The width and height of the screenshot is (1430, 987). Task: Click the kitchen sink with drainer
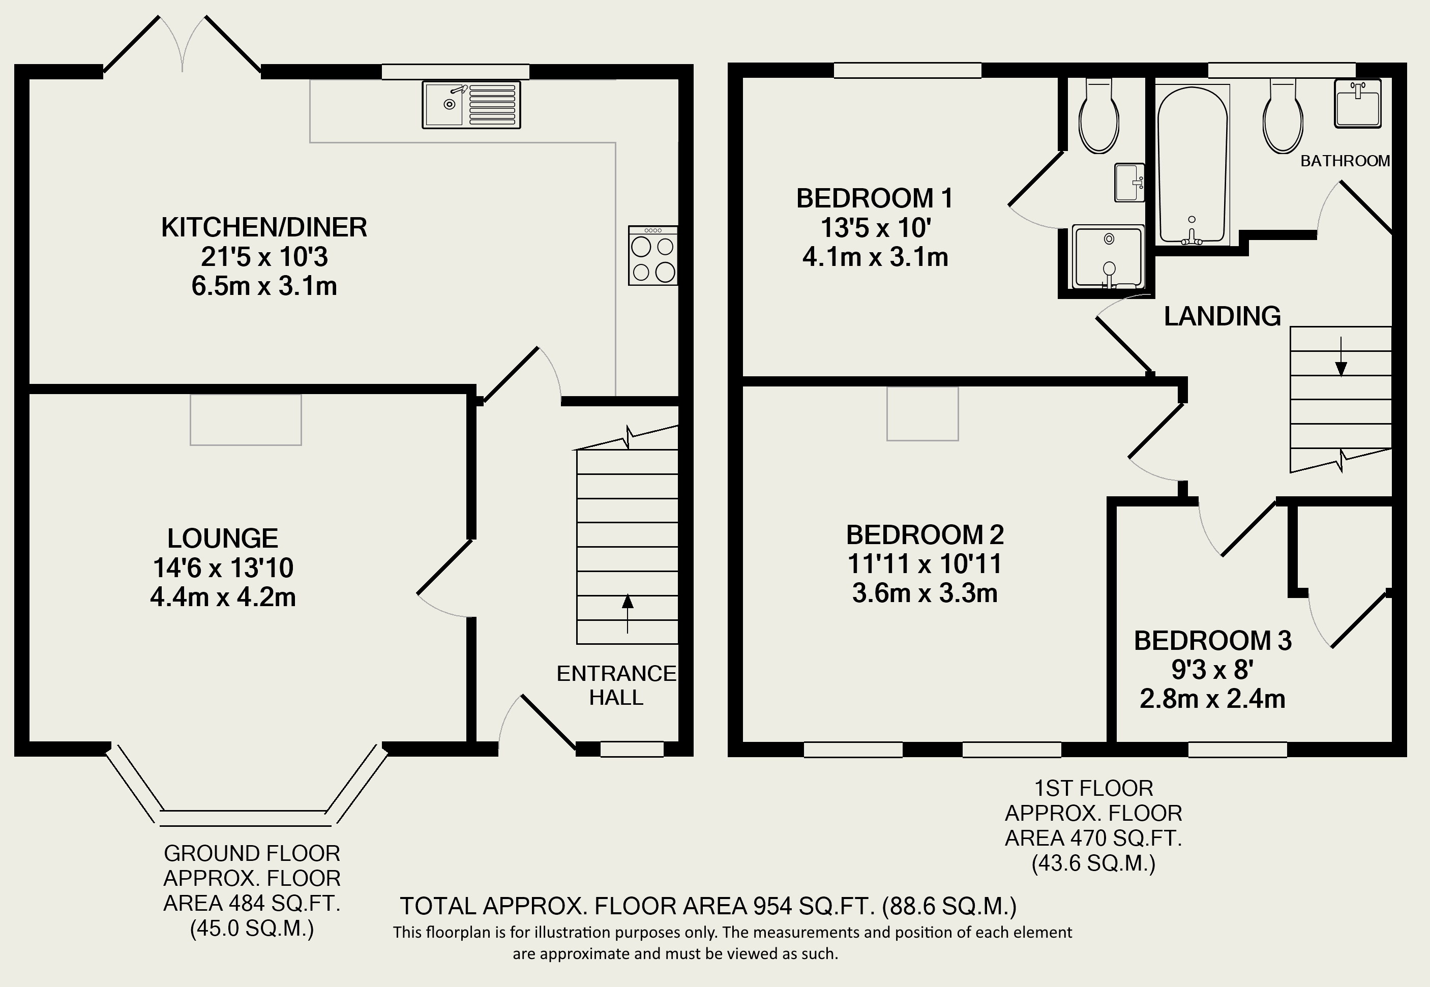[x=471, y=105]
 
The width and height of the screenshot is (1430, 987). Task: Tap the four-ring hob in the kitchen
[x=653, y=255]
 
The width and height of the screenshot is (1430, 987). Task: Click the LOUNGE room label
[x=223, y=538]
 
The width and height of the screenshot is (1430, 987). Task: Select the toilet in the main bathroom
[x=1284, y=115]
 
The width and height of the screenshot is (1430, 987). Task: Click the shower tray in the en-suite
[x=1108, y=257]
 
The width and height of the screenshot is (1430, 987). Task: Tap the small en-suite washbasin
[x=1129, y=183]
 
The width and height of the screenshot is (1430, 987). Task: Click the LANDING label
[x=1222, y=316]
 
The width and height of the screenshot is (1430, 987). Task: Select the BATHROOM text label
[x=1345, y=161]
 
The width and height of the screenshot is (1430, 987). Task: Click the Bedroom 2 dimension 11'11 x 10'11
[x=925, y=563]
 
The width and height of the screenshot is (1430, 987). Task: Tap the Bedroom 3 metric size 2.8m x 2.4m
[x=1212, y=699]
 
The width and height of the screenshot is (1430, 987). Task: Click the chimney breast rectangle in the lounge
[x=246, y=420]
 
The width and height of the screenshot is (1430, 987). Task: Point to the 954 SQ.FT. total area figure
[x=814, y=906]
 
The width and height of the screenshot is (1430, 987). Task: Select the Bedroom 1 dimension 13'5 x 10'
[x=875, y=228]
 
